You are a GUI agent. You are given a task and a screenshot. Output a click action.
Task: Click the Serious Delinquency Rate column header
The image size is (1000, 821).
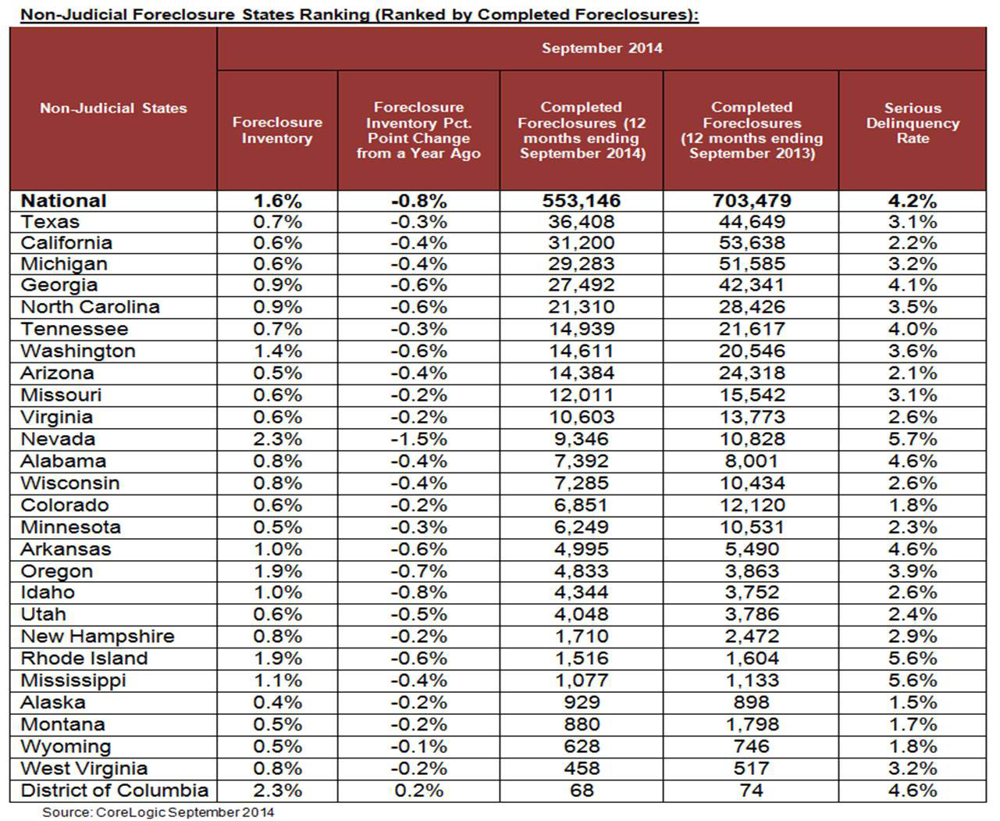(x=912, y=123)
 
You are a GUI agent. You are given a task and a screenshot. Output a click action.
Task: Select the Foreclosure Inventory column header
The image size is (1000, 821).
(x=277, y=130)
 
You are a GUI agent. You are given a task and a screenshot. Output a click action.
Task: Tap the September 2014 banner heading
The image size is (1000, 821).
(x=602, y=48)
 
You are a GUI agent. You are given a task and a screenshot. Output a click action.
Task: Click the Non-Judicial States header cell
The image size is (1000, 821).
(x=113, y=109)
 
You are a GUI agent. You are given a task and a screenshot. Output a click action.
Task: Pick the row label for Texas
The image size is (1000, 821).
(x=50, y=222)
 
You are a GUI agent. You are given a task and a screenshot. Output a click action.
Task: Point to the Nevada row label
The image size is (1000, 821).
(x=58, y=439)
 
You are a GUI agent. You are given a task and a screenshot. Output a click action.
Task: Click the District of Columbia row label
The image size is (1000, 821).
(x=114, y=790)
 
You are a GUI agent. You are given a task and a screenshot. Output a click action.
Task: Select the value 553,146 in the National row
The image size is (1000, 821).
(x=582, y=201)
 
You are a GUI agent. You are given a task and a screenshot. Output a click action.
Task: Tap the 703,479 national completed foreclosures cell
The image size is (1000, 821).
(x=752, y=201)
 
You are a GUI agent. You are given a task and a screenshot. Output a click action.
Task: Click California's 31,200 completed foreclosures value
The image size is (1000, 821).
(x=582, y=243)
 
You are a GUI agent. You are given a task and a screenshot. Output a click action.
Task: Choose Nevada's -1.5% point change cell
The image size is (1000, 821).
(x=418, y=439)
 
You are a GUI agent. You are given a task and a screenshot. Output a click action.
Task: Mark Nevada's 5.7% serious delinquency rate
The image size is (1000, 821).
(x=912, y=439)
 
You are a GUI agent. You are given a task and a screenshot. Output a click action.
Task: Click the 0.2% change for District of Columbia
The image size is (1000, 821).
(x=418, y=790)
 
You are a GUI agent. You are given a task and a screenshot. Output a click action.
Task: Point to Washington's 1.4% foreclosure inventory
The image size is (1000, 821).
(x=277, y=351)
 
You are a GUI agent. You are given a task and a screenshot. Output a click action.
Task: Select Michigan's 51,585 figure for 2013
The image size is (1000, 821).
(x=752, y=264)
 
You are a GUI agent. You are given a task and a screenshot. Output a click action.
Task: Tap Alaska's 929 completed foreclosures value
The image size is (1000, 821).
(x=582, y=702)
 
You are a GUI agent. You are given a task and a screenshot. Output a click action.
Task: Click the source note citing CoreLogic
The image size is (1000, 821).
(x=158, y=812)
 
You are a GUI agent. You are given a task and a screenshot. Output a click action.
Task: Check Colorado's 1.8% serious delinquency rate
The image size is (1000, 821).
(x=912, y=505)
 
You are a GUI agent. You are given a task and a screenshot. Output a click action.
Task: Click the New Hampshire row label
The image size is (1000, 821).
(x=97, y=637)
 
